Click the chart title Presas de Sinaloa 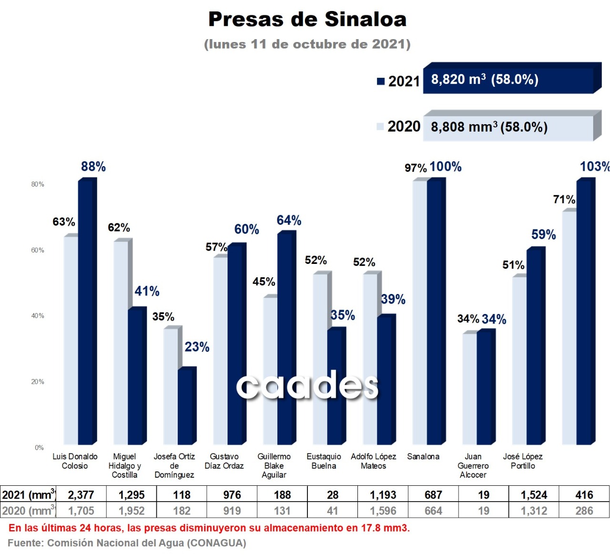point(307,20)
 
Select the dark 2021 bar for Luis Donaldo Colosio point(85,310)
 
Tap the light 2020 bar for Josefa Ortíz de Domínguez point(170,387)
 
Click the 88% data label point(93,167)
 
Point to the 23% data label point(197,347)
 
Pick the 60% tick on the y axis point(38,250)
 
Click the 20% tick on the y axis point(38,382)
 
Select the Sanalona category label point(423,457)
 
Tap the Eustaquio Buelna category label point(324,461)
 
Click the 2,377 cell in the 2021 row point(81,495)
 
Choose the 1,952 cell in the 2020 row point(132,511)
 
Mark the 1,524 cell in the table point(534,495)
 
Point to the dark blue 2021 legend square point(381,81)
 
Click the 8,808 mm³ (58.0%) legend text point(489,127)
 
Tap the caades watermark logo point(307,386)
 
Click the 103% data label point(594,167)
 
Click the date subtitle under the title point(307,44)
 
